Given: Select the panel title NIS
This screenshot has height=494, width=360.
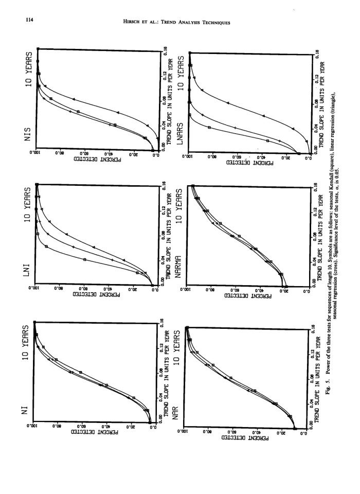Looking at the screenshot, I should pos(31,133).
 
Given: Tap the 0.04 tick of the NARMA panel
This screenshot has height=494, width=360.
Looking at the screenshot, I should pos(313,261).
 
